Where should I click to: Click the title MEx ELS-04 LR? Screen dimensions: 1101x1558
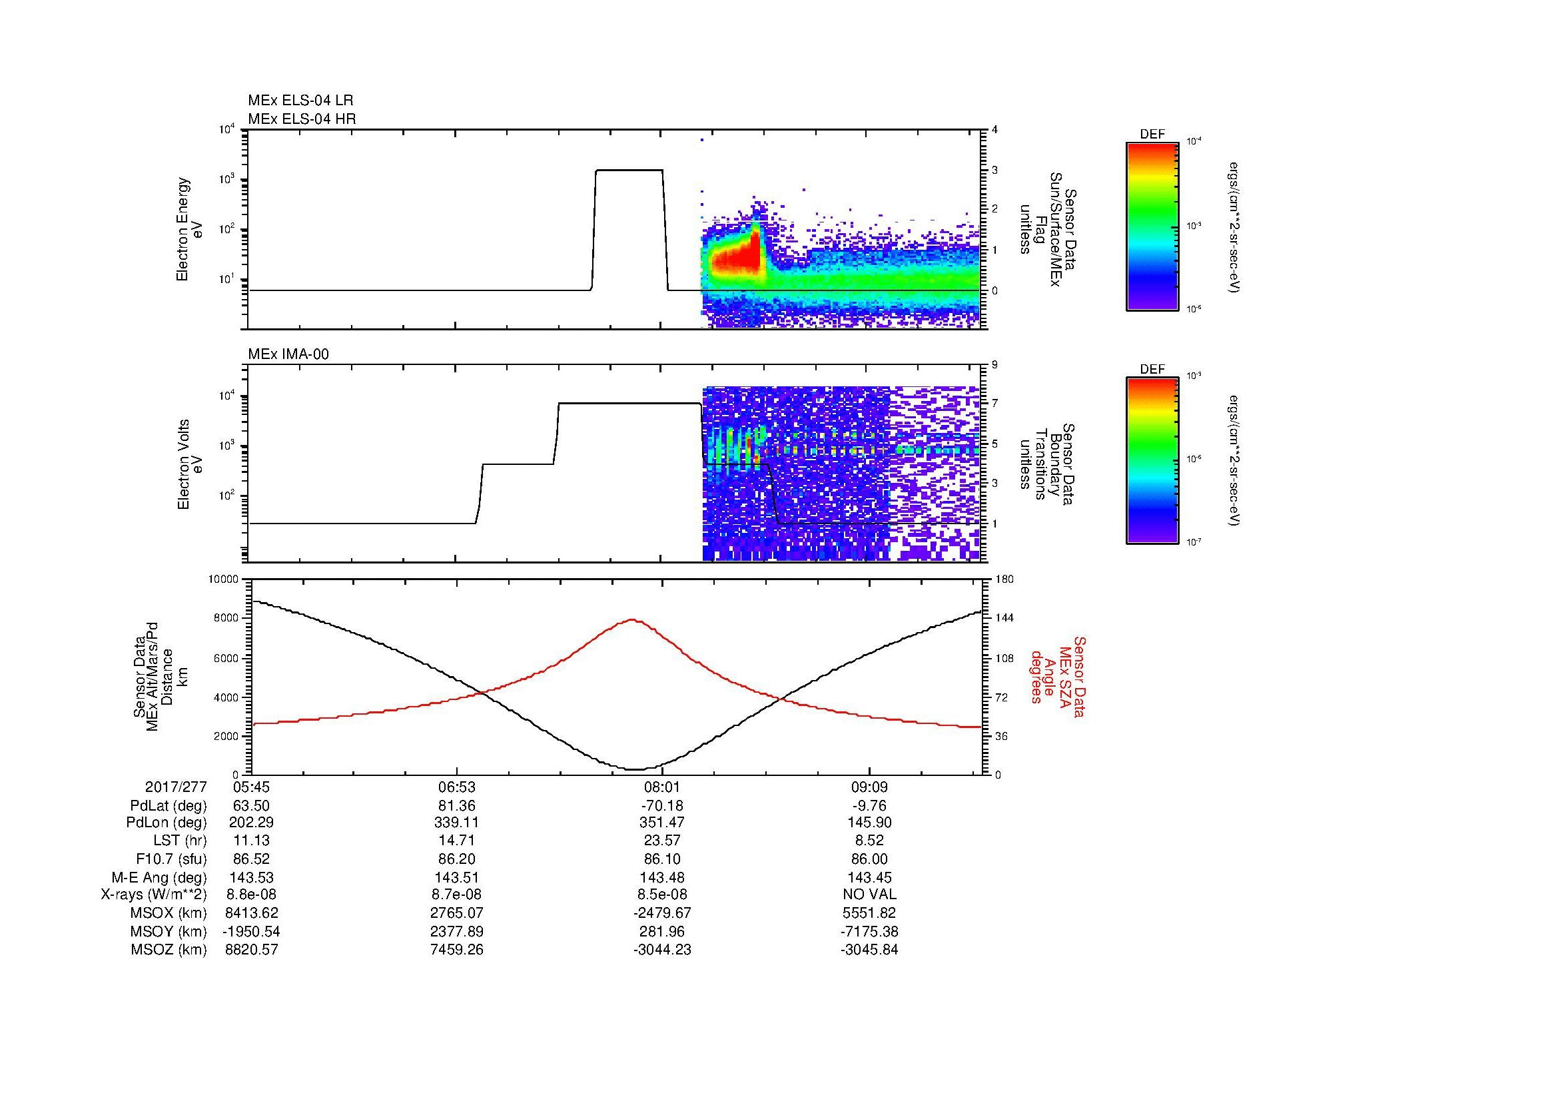point(300,101)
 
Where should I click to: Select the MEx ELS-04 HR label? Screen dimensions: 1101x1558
point(302,119)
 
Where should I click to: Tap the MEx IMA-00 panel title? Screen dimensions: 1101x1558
point(288,354)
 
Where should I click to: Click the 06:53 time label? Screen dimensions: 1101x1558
point(457,787)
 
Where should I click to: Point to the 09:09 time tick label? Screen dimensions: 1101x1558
point(869,787)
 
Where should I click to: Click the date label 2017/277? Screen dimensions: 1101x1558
point(176,787)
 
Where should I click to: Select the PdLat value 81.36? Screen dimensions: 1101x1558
point(457,806)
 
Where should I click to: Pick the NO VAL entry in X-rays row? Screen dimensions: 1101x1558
point(869,895)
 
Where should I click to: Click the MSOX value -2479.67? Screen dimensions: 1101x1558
point(662,913)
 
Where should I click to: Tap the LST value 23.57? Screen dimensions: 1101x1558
point(662,841)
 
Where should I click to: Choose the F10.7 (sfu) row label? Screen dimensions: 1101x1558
point(171,859)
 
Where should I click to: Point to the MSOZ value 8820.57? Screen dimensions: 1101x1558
point(251,950)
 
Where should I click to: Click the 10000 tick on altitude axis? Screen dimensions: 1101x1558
point(224,579)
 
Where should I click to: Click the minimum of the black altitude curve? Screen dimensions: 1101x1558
point(635,769)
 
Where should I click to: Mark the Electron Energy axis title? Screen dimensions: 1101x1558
point(183,229)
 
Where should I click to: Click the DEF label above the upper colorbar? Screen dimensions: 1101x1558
point(1152,135)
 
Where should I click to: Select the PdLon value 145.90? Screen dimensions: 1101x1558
point(869,823)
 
